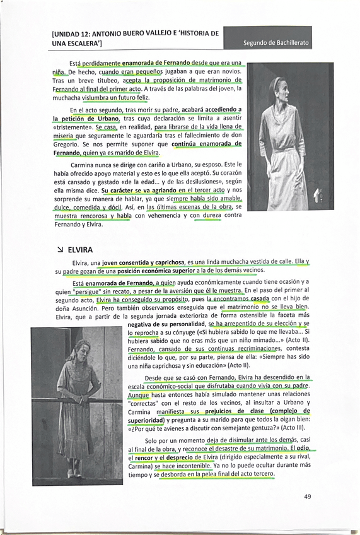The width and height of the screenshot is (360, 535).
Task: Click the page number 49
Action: (307, 497)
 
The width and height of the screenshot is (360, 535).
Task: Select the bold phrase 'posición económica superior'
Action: (158, 271)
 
